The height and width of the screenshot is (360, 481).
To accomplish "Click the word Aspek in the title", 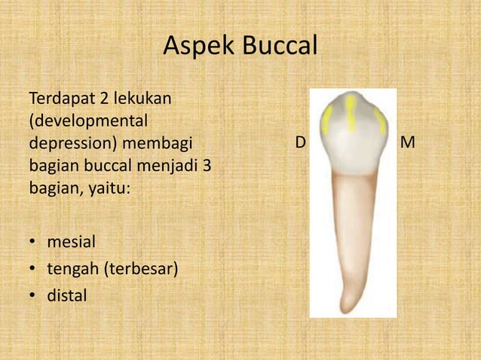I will click(198, 48).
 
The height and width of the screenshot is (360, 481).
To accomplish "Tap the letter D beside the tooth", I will click(299, 142).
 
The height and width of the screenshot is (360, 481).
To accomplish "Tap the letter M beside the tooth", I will click(409, 142).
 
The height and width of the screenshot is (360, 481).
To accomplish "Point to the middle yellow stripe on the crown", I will click(351, 113).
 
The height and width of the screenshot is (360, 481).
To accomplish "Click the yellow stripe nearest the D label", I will click(327, 120).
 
